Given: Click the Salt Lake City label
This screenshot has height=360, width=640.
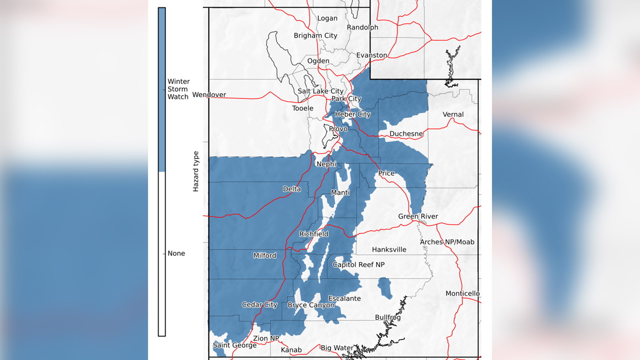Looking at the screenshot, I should tap(320, 91).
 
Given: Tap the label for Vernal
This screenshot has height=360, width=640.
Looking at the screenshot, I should tap(453, 114).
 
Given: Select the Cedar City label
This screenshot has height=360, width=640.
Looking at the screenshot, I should tap(259, 305).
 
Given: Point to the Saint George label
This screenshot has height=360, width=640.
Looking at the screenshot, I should tap(234, 345).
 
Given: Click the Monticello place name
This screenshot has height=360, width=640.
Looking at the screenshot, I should tap(462, 294).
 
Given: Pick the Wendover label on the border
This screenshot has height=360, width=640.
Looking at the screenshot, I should tap(209, 95).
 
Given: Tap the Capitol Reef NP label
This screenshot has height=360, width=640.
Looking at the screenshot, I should tap(358, 265).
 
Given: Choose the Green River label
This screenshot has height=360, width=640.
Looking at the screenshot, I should tap(418, 216).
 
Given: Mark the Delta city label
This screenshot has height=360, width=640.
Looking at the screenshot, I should tap(292, 189).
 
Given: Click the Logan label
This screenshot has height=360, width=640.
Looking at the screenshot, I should tap(327, 18).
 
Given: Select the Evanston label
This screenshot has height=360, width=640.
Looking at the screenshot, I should tap(372, 55).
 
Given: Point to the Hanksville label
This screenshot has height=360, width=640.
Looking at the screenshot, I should tap(389, 250).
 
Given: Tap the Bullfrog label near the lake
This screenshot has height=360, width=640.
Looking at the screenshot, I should tap(388, 317).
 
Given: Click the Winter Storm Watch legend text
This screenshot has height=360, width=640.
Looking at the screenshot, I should tap(178, 89).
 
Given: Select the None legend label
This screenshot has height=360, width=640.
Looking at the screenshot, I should tap(176, 254).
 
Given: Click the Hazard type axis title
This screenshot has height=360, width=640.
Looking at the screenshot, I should tap(196, 171).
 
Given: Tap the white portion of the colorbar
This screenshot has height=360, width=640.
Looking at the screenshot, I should tap(162, 254).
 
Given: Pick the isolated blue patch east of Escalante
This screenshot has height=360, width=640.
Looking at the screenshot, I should tap(385, 288).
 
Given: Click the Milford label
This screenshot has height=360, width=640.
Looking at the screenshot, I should tap(264, 256).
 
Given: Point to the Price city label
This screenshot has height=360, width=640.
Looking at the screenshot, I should tap(386, 173).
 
